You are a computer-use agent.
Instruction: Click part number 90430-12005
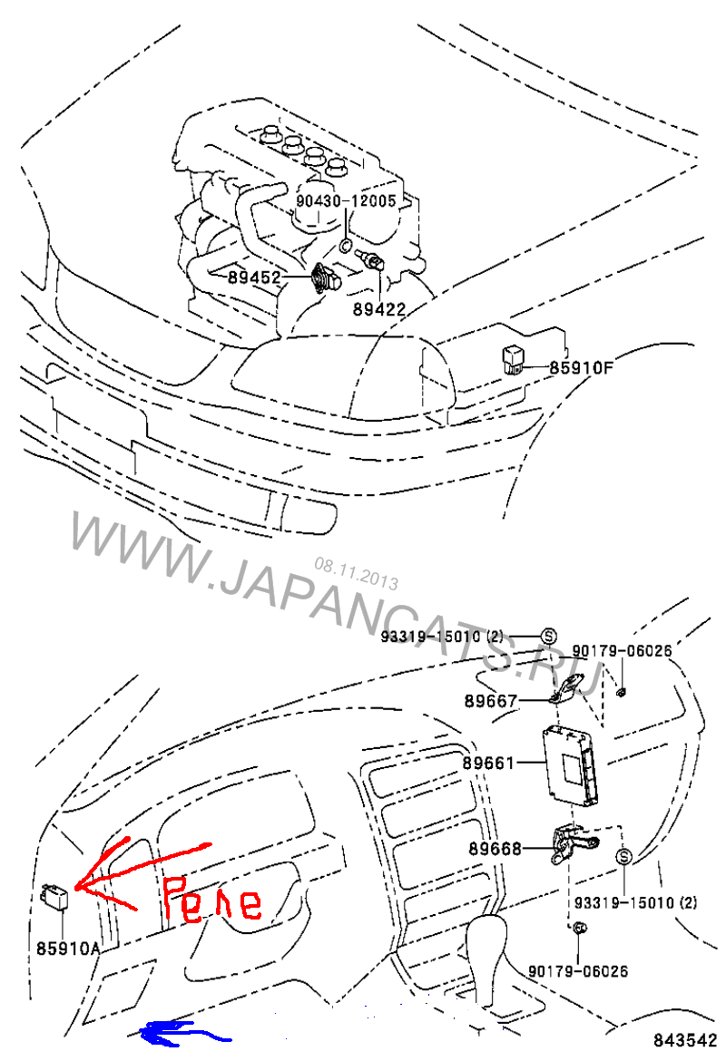coord(346,201)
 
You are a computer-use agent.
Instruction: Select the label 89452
coord(254,277)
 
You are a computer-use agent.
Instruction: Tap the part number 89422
coord(379,309)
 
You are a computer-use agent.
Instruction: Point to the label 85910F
coord(581,367)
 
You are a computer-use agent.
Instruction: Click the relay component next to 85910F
coord(513,361)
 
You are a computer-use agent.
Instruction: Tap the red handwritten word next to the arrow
coord(212,900)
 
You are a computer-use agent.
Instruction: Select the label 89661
coord(489,763)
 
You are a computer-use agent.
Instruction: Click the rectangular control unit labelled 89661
coord(571,764)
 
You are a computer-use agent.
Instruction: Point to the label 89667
coord(491,701)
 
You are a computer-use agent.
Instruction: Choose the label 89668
coord(495,849)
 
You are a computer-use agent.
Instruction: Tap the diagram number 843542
coord(684,1040)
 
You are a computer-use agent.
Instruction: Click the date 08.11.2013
coord(357,574)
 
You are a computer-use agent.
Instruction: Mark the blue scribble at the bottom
coord(182,1032)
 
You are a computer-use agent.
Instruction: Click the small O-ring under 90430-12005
coord(346,245)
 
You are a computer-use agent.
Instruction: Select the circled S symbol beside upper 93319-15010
coord(548,636)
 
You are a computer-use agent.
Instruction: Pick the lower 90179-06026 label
coord(578,971)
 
